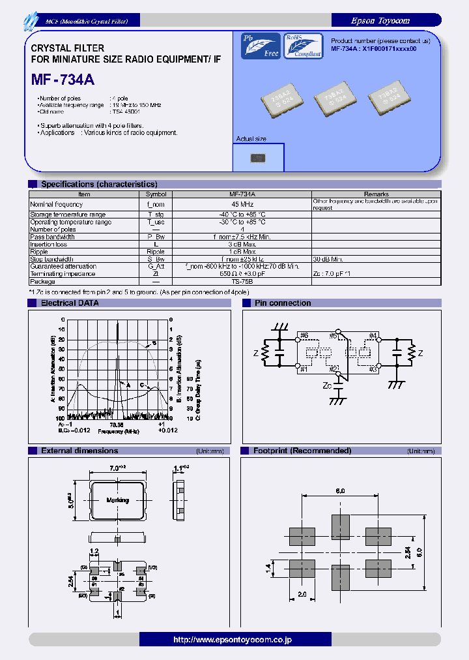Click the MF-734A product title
[63, 80]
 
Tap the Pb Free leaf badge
[261, 46]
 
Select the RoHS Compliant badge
[303, 46]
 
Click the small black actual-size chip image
[258, 157]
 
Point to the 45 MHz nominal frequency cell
[242, 204]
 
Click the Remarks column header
[376, 194]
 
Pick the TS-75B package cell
[242, 282]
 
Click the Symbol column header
[156, 194]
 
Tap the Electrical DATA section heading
[70, 303]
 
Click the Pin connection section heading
[282, 303]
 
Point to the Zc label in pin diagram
[328, 385]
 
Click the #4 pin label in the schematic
[373, 336]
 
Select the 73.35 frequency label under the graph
[117, 425]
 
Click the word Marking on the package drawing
[118, 500]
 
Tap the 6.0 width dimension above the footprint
[340, 491]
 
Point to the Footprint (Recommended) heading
[302, 451]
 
